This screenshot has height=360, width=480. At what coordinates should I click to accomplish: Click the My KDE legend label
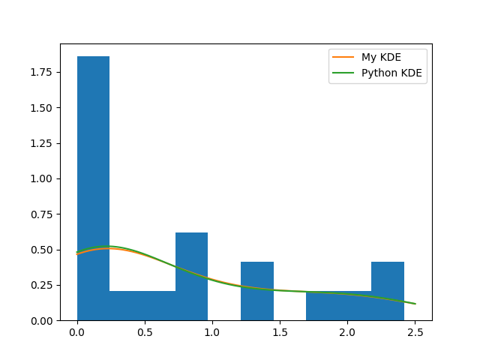pyautogui.click(x=381, y=58)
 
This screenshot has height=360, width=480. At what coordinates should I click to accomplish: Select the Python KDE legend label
pyautogui.click(x=391, y=73)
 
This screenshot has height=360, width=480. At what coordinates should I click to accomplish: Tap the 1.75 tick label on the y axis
pyautogui.click(x=42, y=72)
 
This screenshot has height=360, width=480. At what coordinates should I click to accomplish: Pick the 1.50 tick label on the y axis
pyautogui.click(x=42, y=107)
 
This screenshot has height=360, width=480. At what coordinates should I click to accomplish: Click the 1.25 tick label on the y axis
pyautogui.click(x=42, y=143)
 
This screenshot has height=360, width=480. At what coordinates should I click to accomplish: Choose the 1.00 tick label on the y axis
pyautogui.click(x=42, y=178)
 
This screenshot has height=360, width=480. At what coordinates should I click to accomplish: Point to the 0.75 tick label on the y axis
pyautogui.click(x=42, y=214)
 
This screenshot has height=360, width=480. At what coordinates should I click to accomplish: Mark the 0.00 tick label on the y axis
pyautogui.click(x=42, y=320)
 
